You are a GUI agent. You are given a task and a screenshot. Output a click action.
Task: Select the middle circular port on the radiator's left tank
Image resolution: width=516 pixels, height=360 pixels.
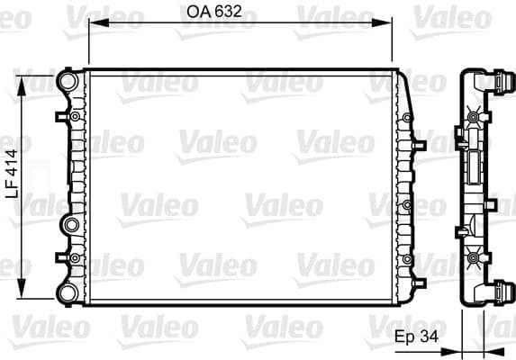[69, 224]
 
